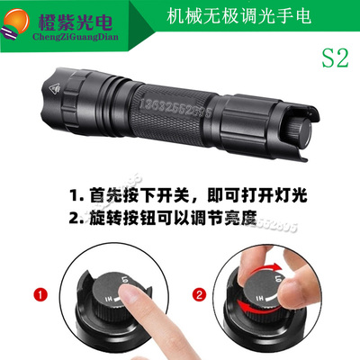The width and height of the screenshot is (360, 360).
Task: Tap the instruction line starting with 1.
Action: coord(180,195)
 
